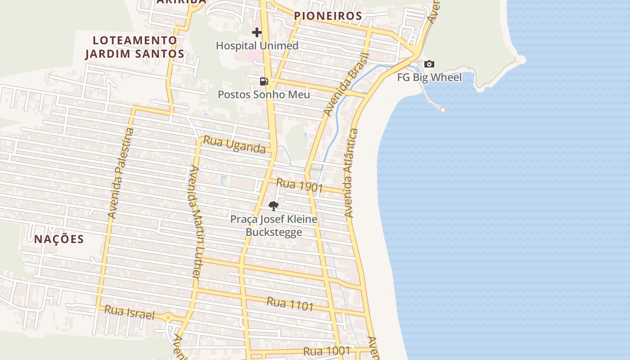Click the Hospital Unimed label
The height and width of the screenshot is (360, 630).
click(257, 45)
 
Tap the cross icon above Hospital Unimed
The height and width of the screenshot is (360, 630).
click(257, 32)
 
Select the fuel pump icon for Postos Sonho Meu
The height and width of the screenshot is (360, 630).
click(264, 81)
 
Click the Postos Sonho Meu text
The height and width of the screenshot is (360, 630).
click(264, 94)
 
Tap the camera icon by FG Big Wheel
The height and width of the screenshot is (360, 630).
click(429, 64)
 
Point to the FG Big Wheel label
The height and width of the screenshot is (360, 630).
click(429, 77)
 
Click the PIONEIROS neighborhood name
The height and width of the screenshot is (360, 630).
click(328, 16)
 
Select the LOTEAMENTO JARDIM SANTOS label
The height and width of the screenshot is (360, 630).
click(135, 47)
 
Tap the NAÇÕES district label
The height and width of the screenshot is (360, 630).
click(59, 239)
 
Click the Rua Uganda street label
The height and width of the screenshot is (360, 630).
click(234, 145)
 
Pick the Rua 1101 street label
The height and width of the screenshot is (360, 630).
click(290, 304)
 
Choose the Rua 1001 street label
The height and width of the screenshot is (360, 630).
click(327, 351)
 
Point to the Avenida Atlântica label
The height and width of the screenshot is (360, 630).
click(351, 173)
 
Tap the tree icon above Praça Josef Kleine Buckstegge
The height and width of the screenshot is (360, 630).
click(273, 206)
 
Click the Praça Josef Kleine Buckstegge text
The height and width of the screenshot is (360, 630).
click(274, 225)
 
